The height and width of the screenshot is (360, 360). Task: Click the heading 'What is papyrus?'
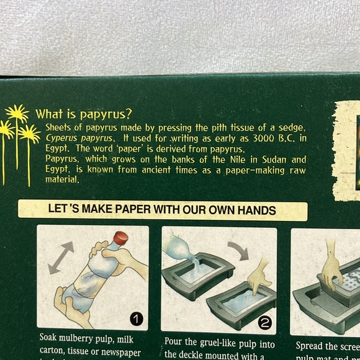pyautogui.click(x=83, y=114)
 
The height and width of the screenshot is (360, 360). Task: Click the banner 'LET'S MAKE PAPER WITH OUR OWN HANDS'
pyautogui.click(x=163, y=209)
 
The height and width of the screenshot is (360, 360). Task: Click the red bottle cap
pyautogui.click(x=121, y=238)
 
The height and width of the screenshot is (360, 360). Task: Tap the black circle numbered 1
pyautogui.click(x=136, y=319)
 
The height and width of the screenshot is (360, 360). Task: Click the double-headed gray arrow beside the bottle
pyautogui.click(x=60, y=257)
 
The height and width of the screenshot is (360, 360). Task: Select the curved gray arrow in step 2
pyautogui.click(x=238, y=250)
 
